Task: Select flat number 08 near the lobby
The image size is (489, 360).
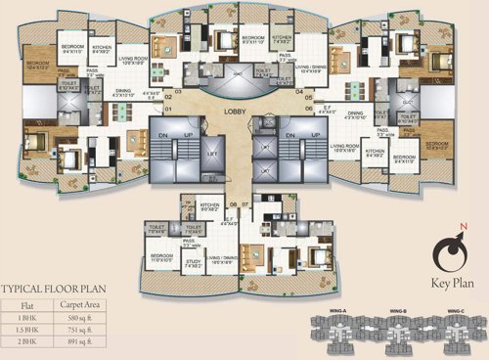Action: [233, 204]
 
